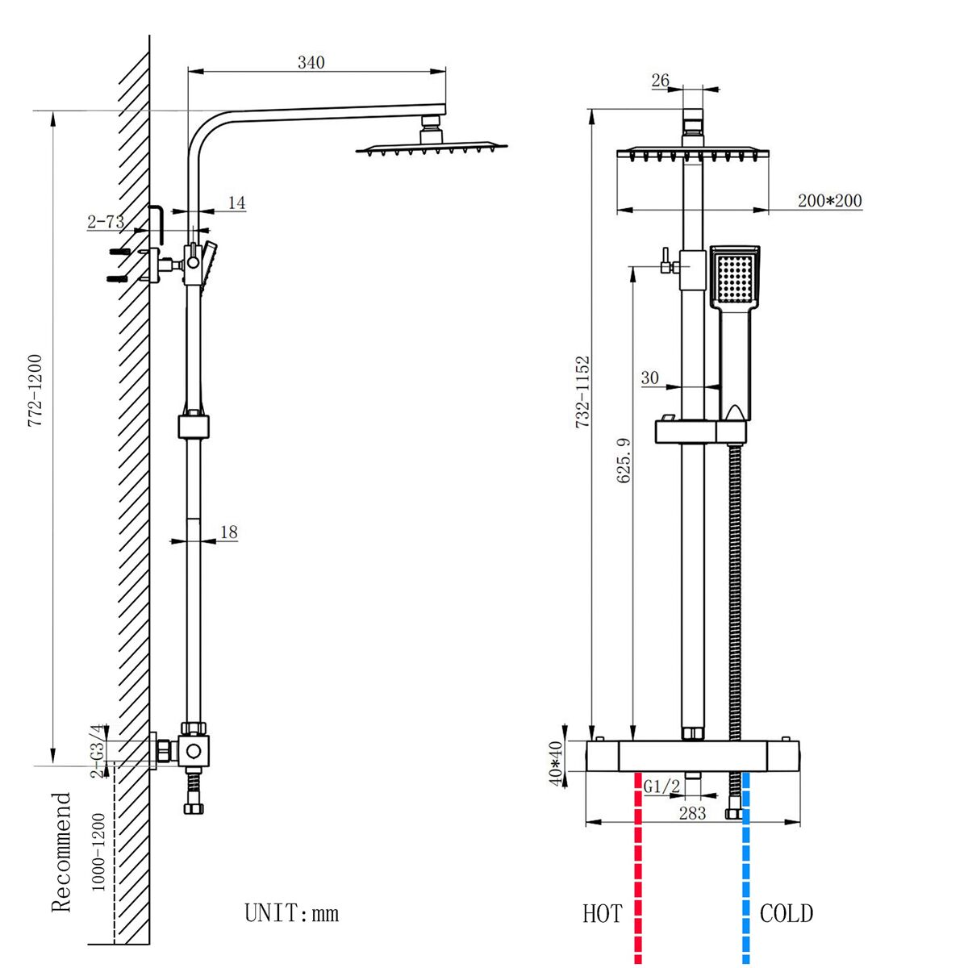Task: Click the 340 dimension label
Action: coord(311,62)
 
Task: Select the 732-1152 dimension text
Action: coord(583,392)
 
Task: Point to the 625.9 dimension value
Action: coord(624,461)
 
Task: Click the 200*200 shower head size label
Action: coord(830,201)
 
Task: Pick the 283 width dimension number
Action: coord(692,813)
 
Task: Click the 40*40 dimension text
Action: coord(555,762)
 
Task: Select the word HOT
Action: coord(603,914)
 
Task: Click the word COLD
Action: coord(786,914)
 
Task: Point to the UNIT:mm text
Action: coord(292,913)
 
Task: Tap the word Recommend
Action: coord(62,852)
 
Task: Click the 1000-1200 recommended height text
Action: coord(98,852)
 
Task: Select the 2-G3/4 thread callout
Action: coord(97,752)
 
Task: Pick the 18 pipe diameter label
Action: coord(228,532)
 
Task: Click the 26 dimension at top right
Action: coord(660,80)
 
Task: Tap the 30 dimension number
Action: coord(649,378)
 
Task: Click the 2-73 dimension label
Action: coord(106,221)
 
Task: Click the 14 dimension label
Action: coord(236,202)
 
